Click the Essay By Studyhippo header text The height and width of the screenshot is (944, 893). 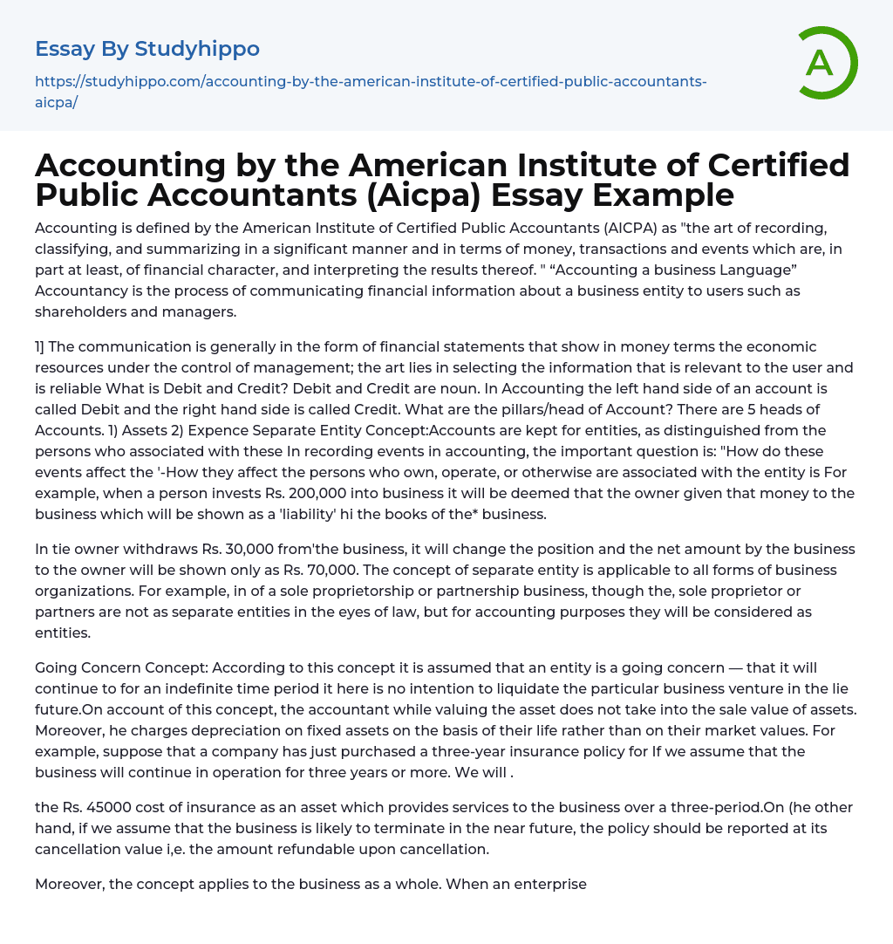[147, 49]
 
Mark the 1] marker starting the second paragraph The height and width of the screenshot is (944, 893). [41, 346]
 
